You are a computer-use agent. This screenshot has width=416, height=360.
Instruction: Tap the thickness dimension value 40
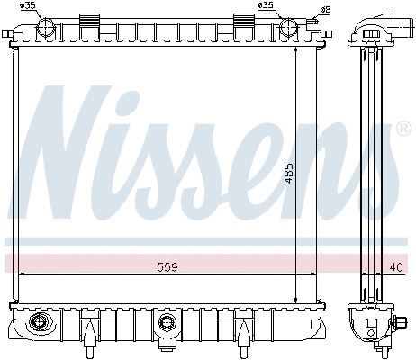(x=397, y=266)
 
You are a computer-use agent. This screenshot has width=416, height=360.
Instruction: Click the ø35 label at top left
(x=28, y=6)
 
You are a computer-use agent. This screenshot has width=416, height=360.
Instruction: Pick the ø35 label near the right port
(x=266, y=6)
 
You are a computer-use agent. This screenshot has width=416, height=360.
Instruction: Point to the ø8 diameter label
(x=312, y=8)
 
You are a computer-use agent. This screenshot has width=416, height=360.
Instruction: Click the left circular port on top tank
(x=46, y=27)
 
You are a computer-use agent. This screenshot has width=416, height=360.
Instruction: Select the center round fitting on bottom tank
(x=165, y=321)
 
